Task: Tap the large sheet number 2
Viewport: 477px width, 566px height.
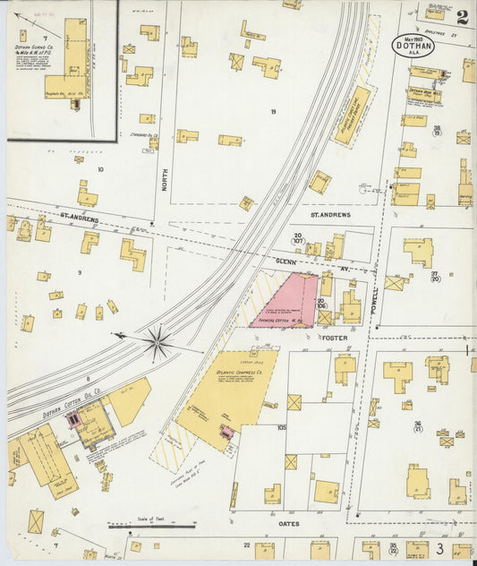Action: point(462,16)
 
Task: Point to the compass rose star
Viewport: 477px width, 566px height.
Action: point(159,340)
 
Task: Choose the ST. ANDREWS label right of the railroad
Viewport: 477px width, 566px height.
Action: point(330,215)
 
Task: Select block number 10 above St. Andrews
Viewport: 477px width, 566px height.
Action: point(100,168)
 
